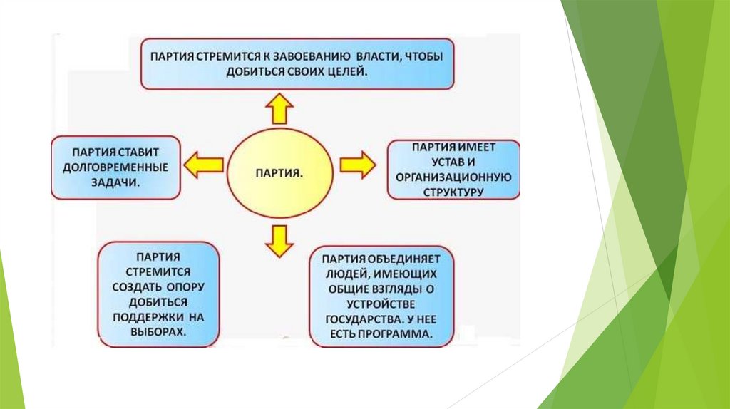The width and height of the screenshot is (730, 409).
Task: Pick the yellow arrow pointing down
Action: [x=279, y=240]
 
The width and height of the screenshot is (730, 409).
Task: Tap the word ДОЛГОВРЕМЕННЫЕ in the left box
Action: [x=115, y=167]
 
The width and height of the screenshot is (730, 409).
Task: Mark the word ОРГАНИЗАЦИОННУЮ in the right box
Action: [x=454, y=177]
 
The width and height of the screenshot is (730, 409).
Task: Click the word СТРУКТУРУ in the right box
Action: [x=453, y=192]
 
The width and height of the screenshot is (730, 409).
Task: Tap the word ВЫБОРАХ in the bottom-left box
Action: [x=158, y=331]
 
